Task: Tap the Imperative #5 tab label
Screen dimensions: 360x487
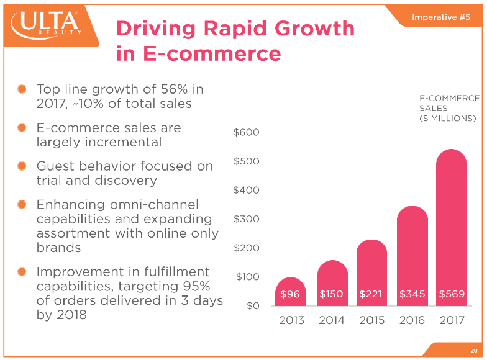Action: coord(440,17)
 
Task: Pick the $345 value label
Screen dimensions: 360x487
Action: coord(412,294)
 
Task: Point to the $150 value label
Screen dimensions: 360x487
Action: coord(331,294)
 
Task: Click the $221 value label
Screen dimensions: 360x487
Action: coord(371,294)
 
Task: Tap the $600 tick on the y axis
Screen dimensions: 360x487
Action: coord(247,132)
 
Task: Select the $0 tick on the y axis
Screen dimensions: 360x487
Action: coord(253,306)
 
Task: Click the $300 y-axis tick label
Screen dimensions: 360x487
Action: coord(247,219)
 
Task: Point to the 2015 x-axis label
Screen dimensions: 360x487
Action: coord(371,320)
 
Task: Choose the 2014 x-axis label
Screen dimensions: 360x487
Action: coord(331,320)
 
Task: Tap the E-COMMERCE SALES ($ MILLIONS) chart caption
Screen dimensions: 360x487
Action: coord(449,108)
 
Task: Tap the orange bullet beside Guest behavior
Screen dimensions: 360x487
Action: coord(22,166)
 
